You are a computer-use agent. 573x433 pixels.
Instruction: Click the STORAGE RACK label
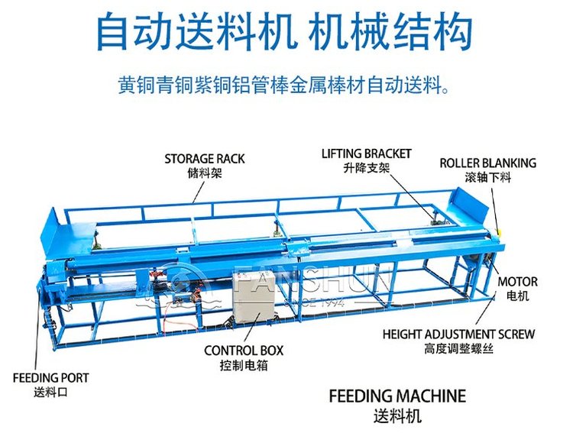(205, 159)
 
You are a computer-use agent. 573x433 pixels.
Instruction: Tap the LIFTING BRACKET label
(366, 153)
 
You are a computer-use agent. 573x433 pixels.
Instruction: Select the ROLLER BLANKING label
(487, 163)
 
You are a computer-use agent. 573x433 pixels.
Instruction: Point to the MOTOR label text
(518, 281)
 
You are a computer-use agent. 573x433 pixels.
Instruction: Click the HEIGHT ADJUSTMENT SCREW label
(458, 334)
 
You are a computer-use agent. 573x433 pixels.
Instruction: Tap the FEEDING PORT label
(50, 377)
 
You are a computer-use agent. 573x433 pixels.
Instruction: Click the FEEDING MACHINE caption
(397, 396)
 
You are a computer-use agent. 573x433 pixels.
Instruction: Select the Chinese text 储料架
(204, 173)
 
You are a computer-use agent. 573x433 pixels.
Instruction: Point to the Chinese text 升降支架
(366, 167)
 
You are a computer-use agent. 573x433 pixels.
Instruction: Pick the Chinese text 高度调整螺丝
(458, 348)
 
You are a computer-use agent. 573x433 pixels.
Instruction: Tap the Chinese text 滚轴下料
(487, 177)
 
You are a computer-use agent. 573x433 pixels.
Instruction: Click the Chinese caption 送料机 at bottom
(397, 417)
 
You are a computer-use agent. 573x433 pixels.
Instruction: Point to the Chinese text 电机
(518, 295)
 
